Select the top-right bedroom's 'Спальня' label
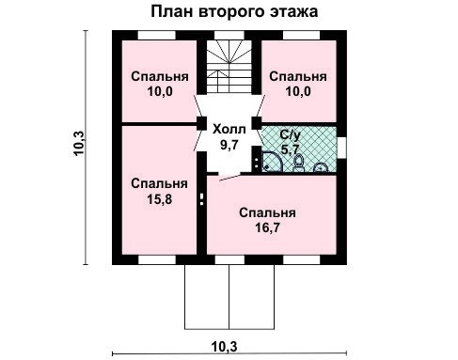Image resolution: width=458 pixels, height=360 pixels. (298, 76)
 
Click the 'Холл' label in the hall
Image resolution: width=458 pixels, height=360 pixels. (229, 130)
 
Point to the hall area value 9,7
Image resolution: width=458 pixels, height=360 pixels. (229, 146)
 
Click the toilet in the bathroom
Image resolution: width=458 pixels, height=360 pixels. (298, 163)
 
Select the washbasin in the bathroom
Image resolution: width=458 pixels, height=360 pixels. (320, 167)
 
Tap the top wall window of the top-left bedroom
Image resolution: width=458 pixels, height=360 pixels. (154, 35)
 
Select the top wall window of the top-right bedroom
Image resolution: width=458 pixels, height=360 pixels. (299, 35)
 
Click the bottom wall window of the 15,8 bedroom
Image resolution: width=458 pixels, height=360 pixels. (155, 256)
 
